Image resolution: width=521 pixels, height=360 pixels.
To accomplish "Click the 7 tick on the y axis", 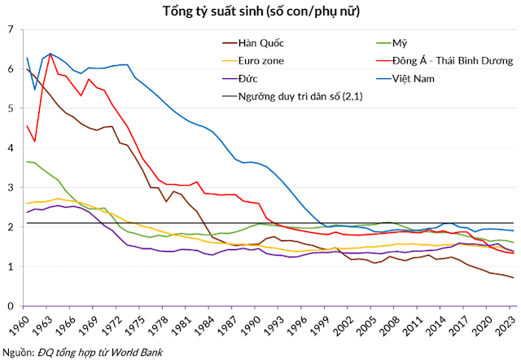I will click(11, 29).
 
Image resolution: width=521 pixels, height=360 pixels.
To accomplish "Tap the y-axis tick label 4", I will click(11, 148).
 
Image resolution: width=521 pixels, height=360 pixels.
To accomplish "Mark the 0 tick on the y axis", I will click(11, 306).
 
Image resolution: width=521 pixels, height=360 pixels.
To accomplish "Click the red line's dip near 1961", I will click(35, 142).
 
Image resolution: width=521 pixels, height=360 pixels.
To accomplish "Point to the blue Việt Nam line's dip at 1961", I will click(35, 90).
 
